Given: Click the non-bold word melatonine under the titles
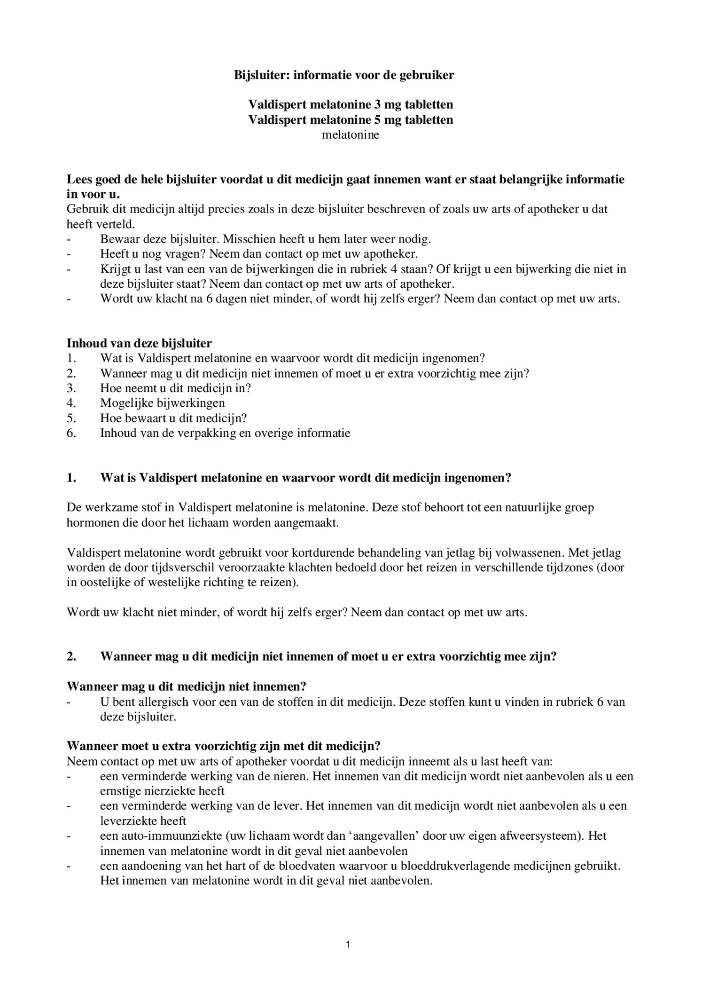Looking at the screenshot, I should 351,135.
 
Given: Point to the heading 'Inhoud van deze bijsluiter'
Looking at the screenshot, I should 139,343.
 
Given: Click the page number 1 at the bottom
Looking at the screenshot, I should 348,944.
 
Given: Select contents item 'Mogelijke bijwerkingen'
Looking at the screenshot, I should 162,403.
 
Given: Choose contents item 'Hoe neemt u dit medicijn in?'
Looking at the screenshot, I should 175,388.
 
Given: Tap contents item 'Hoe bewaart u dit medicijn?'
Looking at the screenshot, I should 173,418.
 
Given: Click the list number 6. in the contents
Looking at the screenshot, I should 71,433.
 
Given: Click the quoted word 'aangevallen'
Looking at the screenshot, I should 386,835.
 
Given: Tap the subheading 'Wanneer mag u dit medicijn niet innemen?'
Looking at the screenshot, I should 186,686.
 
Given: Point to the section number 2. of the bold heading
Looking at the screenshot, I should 71,656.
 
